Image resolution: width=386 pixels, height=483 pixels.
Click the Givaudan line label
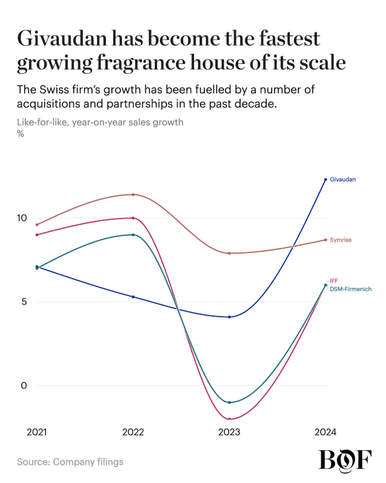click(x=342, y=179)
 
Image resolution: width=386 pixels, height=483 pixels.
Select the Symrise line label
click(x=340, y=240)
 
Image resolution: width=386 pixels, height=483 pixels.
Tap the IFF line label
click(x=334, y=281)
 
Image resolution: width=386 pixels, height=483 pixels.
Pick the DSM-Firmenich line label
click(x=350, y=289)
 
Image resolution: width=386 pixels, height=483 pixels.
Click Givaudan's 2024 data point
click(x=326, y=179)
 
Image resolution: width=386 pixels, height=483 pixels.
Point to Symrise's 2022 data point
click(x=133, y=195)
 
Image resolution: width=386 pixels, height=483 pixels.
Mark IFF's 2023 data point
click(x=229, y=419)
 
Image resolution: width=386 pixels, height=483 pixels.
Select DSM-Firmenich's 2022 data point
click(x=133, y=235)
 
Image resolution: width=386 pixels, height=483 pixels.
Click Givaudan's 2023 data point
click(x=229, y=317)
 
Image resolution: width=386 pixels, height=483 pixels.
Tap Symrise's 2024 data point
click(x=326, y=240)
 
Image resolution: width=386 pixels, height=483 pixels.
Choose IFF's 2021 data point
click(x=37, y=235)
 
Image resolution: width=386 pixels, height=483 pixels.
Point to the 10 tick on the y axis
click(x=22, y=218)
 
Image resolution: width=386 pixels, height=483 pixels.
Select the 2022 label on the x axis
click(x=133, y=432)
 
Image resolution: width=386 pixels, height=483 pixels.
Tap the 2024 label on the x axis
click(x=325, y=432)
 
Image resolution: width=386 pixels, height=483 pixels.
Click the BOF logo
click(x=345, y=460)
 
